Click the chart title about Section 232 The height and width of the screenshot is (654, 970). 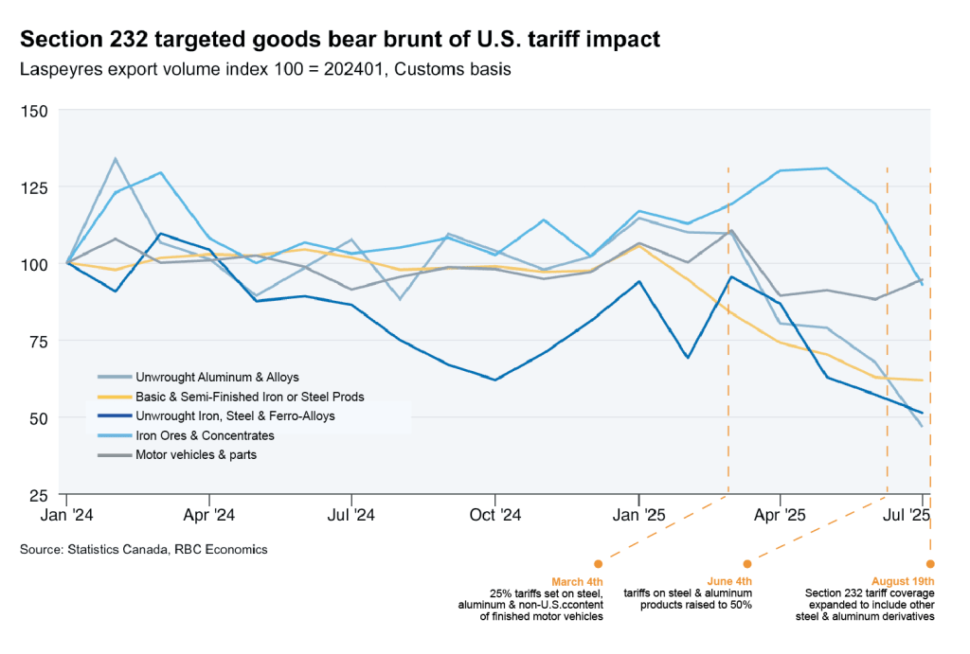pos(340,40)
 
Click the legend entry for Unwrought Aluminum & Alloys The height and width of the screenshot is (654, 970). pos(217,377)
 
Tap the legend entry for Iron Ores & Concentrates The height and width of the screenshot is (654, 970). pos(205,435)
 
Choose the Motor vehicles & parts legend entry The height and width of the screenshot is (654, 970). pos(196,455)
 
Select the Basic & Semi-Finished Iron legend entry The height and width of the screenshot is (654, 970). pos(249,397)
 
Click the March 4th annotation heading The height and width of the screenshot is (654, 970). pos(577,581)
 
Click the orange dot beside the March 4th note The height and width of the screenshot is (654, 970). pos(597,564)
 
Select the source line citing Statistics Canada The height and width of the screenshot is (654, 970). pos(143,549)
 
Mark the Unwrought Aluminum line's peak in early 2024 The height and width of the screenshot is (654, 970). pos(115,159)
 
